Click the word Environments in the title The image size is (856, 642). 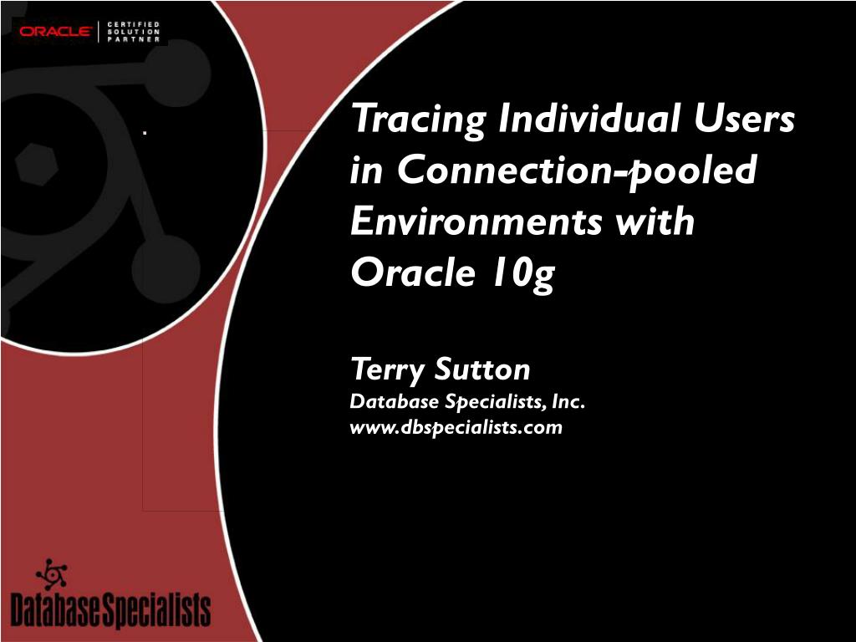tap(476, 221)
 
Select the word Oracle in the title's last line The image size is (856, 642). tap(413, 272)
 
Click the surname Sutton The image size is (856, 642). tap(482, 369)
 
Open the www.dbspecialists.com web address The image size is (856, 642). tap(456, 427)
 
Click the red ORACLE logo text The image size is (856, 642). tap(56, 32)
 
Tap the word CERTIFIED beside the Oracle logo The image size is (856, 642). tap(133, 24)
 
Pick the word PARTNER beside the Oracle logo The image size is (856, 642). tap(133, 39)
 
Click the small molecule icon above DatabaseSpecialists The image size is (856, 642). tap(51, 573)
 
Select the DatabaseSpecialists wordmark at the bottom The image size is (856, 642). tap(111, 609)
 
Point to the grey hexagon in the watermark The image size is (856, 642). tap(36, 164)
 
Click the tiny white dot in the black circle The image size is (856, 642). tap(145, 132)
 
